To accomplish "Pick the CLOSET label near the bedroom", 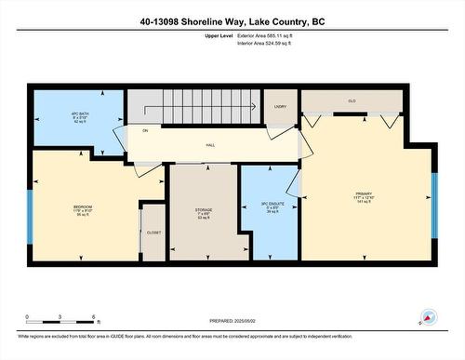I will [153, 233].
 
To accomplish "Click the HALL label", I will [210, 145].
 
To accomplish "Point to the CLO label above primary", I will [352, 100].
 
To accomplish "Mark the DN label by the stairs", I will [145, 131].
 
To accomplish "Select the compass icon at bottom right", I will [428, 317].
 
